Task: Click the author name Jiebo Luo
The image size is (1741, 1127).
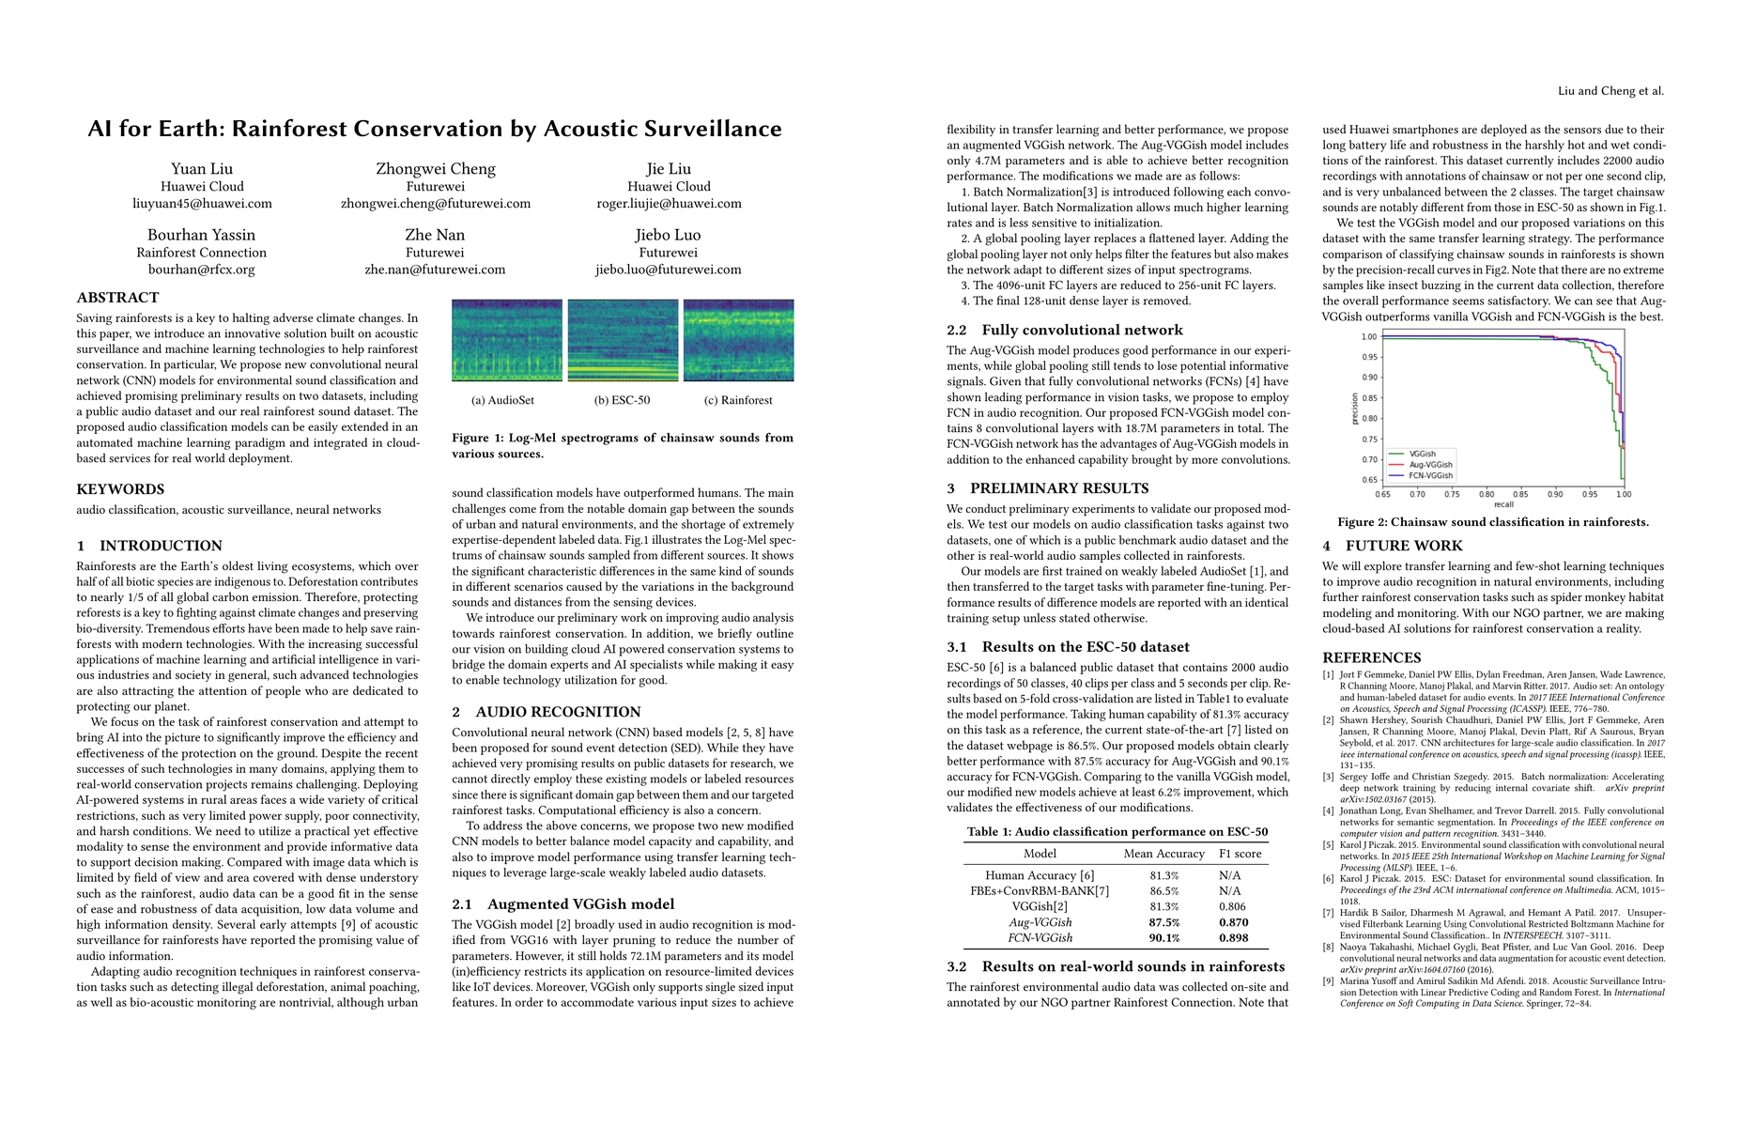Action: (668, 235)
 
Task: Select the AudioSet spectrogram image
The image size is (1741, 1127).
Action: (507, 340)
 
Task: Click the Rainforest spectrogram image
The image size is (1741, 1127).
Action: (738, 340)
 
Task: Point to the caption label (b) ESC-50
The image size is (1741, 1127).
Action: (622, 400)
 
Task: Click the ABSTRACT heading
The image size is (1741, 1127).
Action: (117, 298)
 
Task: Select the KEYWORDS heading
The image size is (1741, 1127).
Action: (120, 489)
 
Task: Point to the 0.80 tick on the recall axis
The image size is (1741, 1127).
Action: (1487, 494)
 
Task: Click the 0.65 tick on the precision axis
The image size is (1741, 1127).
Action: (1370, 480)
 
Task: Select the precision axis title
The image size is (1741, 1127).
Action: (1354, 409)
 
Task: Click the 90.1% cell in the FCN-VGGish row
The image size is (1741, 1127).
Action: (1163, 938)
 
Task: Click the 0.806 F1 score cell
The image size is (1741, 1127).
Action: (1233, 907)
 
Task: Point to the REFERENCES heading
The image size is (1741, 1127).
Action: (1372, 657)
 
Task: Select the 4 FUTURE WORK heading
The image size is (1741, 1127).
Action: (1393, 546)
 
